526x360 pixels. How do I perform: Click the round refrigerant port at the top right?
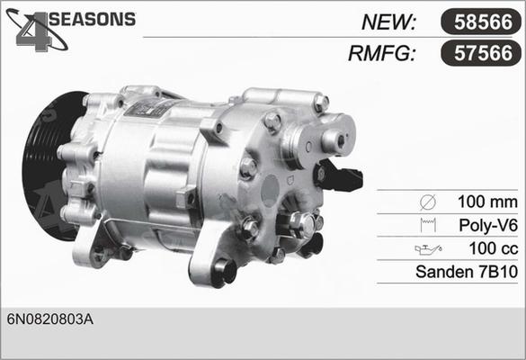pos(334,139)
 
